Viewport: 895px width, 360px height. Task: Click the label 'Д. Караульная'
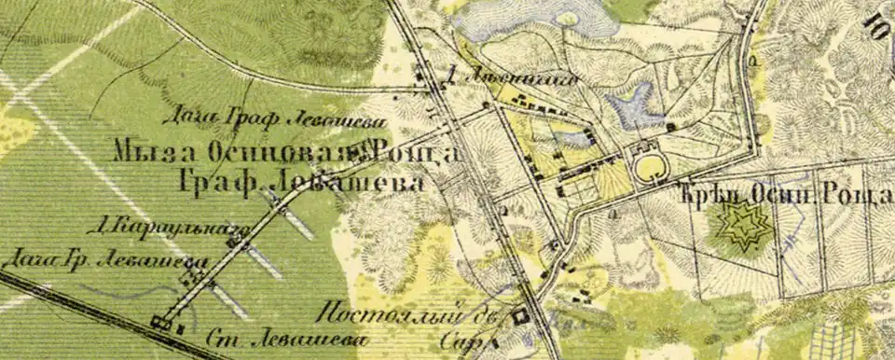(159, 225)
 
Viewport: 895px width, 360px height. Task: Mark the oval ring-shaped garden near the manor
(650, 168)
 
